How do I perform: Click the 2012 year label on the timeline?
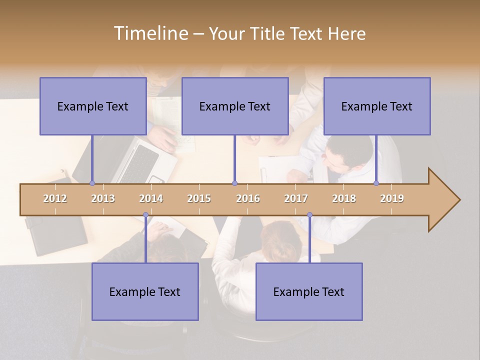(x=55, y=198)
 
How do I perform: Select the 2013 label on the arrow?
(x=103, y=198)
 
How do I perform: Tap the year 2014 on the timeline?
(x=151, y=198)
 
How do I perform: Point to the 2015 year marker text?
(x=199, y=198)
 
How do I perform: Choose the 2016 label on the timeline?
(x=248, y=198)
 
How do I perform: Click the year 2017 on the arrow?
(x=296, y=198)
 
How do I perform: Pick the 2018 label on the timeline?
(x=344, y=198)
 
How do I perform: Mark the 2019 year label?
(x=392, y=198)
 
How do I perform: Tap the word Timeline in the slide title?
(x=150, y=33)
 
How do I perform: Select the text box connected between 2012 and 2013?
(x=93, y=106)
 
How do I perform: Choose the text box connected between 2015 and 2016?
(x=235, y=106)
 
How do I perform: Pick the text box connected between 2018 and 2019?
(x=377, y=106)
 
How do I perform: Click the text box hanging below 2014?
(x=145, y=291)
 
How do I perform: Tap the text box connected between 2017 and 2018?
(x=309, y=291)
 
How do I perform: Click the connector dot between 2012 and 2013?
(x=92, y=183)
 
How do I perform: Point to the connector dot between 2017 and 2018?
(x=309, y=215)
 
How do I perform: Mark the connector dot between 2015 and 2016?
(x=234, y=183)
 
